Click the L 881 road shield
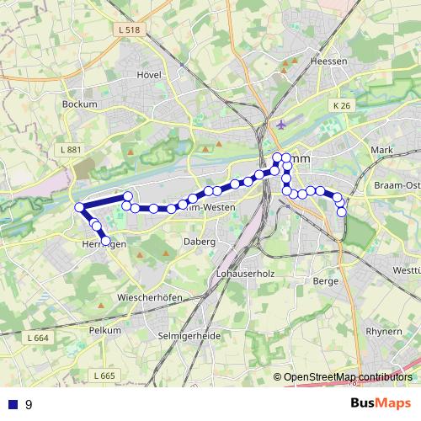coord(71,150)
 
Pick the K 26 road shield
coord(340,105)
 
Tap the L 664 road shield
coord(36,338)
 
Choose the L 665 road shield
coord(104,375)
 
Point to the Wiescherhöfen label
coord(152,298)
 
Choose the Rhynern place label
coord(385,331)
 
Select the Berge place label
coord(325,280)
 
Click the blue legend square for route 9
coord(12,404)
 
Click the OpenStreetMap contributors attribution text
coord(348,376)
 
